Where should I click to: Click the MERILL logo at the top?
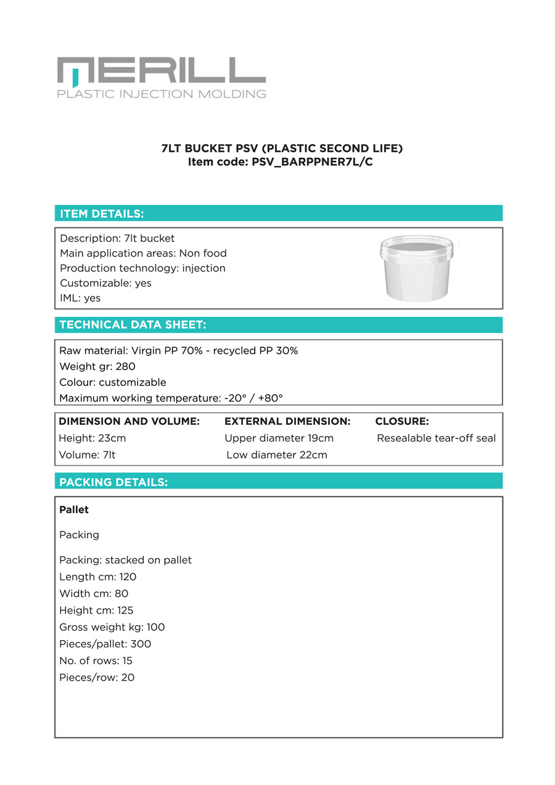click(161, 78)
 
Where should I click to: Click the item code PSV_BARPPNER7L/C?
click(312, 163)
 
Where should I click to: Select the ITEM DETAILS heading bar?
click(278, 213)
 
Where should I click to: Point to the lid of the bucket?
click(416, 246)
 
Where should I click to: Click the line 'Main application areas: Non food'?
click(143, 253)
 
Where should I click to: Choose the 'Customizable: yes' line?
click(105, 283)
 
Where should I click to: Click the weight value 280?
click(125, 367)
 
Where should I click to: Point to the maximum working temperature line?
click(171, 398)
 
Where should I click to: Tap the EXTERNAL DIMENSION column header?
click(287, 422)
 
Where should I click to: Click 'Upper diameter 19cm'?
click(279, 438)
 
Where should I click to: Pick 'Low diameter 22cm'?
click(277, 455)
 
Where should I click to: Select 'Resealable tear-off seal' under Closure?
click(436, 438)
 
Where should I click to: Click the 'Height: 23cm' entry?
click(92, 438)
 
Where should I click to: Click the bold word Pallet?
click(74, 510)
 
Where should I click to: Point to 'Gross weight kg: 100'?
click(112, 627)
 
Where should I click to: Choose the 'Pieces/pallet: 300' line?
click(105, 644)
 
